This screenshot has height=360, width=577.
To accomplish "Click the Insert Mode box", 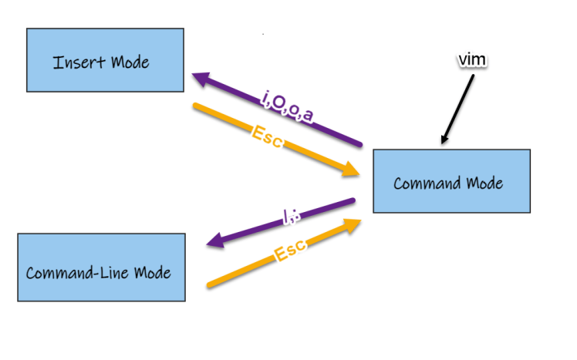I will tap(105, 60).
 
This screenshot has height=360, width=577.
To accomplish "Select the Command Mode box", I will tap(451, 181).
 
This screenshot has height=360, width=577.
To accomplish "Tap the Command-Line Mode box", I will tap(101, 267).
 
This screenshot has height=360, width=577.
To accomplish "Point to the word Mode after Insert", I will tap(129, 62).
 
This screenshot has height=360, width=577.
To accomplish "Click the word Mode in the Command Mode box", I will tap(488, 183).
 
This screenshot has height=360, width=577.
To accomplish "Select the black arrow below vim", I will tap(458, 106).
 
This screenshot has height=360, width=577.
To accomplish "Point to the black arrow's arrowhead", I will tap(444, 140).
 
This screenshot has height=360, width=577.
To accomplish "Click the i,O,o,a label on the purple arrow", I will tap(286, 106).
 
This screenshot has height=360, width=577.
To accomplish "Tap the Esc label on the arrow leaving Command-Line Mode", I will tap(291, 251).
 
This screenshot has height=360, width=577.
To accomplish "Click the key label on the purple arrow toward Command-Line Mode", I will tap(289, 219).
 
